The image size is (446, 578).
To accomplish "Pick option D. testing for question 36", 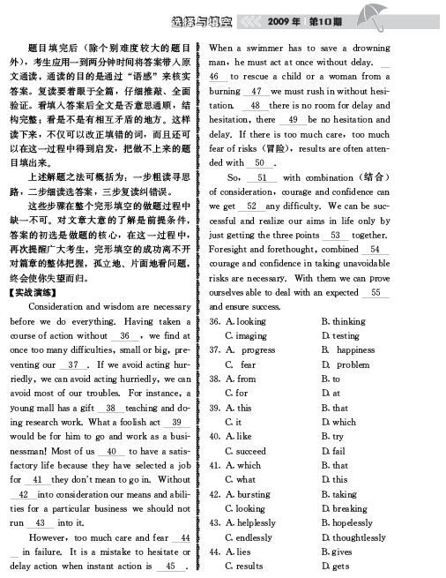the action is (344, 335).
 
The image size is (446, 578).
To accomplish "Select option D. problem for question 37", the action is (346, 364).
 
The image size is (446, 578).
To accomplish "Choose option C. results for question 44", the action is (242, 566).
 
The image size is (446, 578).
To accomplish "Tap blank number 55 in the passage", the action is (375, 292).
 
